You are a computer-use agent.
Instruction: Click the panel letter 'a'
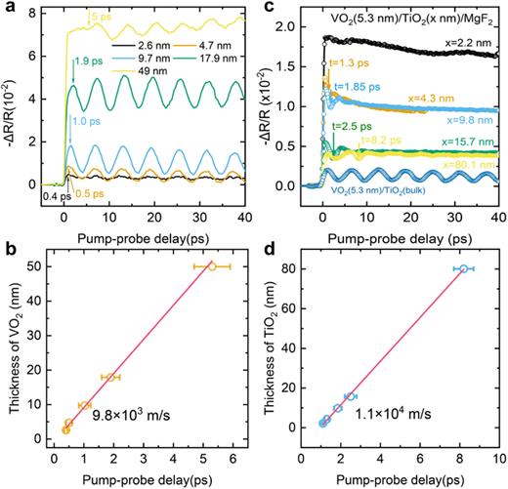click(x=8, y=8)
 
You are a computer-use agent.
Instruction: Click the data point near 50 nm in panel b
click(x=212, y=265)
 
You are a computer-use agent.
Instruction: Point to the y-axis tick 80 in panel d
click(x=294, y=268)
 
